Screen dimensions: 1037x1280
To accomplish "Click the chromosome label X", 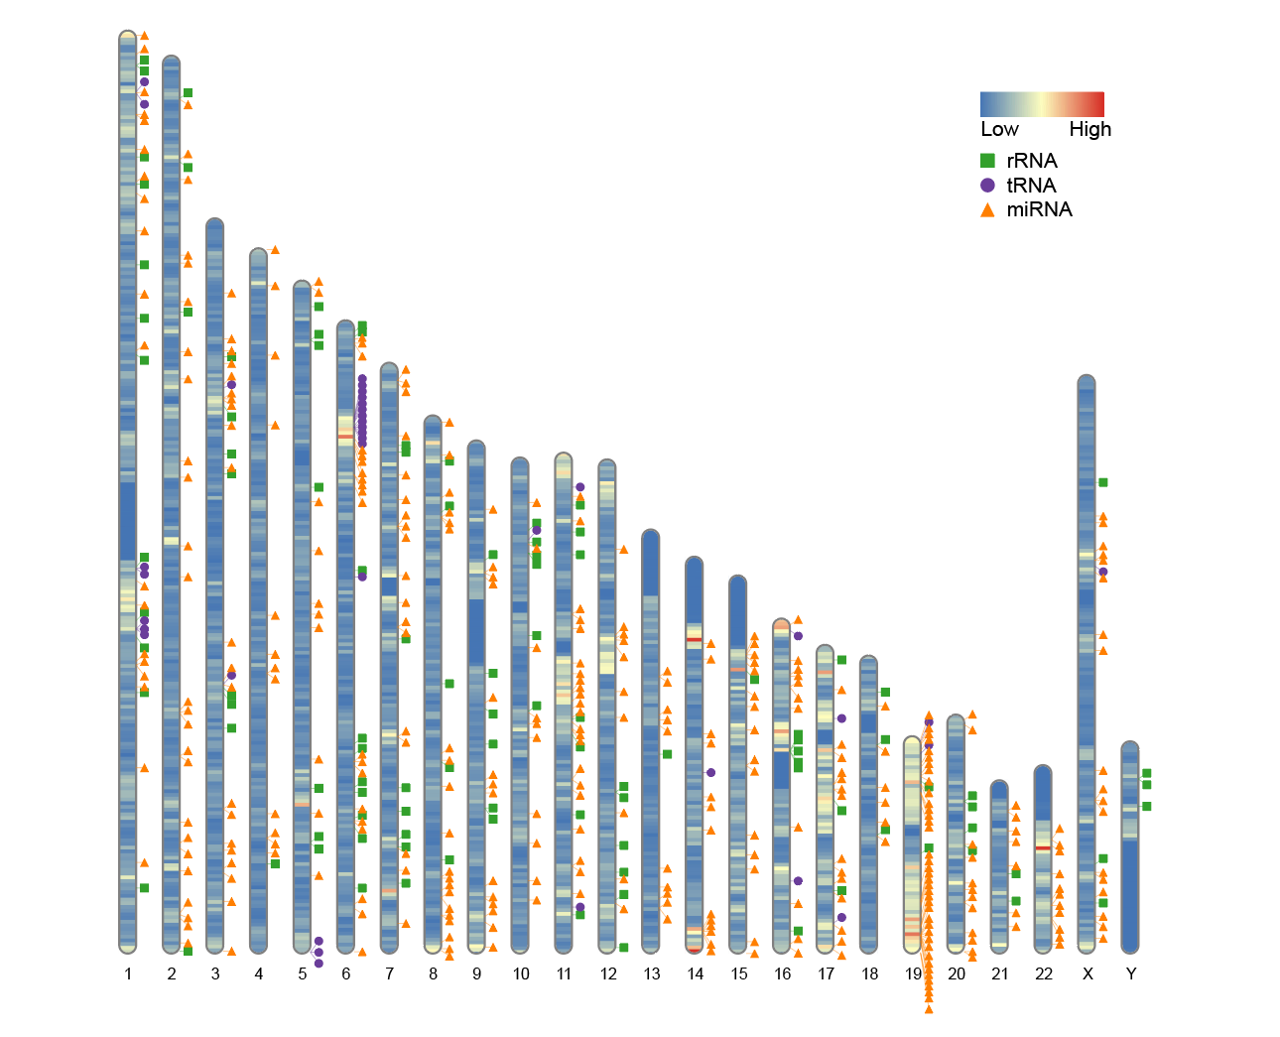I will tap(1088, 974).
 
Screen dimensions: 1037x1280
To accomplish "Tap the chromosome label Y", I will tap(1131, 974).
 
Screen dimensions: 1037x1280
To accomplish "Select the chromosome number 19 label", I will tap(913, 974).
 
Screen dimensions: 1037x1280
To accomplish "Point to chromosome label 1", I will tap(128, 974).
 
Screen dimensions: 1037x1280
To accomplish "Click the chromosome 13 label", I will tap(651, 974).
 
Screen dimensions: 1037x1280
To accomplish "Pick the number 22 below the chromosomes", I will tap(1043, 974).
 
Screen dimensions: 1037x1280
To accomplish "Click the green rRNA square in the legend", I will tap(987, 161).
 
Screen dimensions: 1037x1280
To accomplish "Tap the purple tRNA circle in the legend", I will tap(987, 186).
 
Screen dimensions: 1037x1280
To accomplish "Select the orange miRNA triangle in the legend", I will tap(987, 210).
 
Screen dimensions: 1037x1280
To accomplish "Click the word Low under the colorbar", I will tap(999, 129).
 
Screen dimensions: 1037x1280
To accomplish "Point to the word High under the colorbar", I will tap(1089, 129).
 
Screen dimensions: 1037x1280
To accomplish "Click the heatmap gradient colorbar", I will tap(1042, 104).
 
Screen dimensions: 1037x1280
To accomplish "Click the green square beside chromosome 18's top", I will tap(885, 692).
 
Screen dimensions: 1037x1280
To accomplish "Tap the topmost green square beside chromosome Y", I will tap(1146, 773).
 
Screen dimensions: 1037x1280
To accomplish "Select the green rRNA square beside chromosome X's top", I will tap(1102, 482).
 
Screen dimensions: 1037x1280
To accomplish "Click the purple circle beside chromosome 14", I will tap(710, 772).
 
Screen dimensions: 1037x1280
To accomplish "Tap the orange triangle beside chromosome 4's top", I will tap(275, 250).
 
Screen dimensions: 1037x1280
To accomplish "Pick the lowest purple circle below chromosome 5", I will tap(319, 963).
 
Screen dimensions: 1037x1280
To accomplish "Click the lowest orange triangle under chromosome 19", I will tap(929, 1009).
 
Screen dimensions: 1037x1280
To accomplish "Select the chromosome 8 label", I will tap(433, 974).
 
